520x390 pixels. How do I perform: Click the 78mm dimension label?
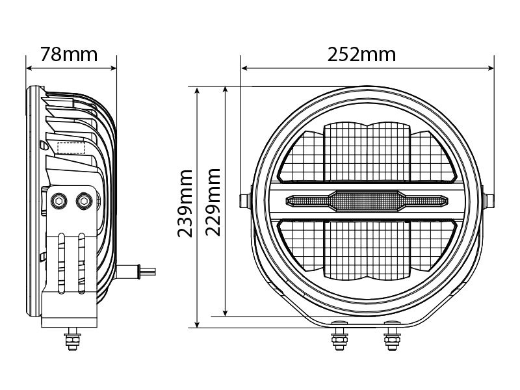[69, 55]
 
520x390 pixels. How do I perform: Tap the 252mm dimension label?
[361, 55]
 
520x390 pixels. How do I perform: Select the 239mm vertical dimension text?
[185, 203]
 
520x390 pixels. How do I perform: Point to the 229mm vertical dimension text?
[213, 202]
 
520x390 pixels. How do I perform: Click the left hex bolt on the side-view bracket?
[59, 201]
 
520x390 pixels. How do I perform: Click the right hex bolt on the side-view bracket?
[84, 201]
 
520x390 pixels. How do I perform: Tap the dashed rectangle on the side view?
[71, 148]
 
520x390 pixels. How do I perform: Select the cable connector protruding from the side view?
[136, 270]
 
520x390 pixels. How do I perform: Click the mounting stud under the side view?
[72, 339]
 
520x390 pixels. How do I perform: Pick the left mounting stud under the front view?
[339, 339]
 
